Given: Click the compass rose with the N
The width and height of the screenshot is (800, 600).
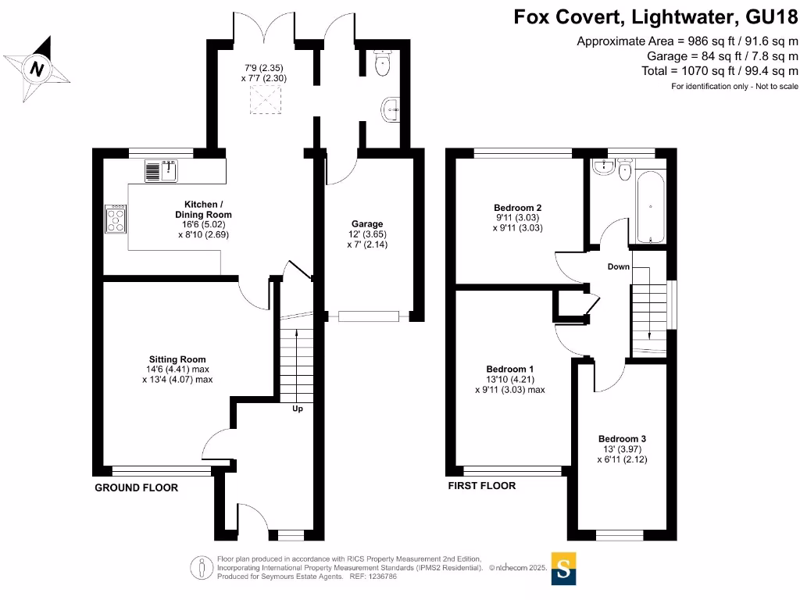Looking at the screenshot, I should coord(36,70).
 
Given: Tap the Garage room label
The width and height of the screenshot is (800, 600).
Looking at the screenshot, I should coord(367,223).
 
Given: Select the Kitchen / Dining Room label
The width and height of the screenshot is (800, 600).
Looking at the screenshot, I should coord(203,209).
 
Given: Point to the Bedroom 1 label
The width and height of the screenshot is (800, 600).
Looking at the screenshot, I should coord(510,369).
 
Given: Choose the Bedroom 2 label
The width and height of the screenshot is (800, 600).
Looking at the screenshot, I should coord(517,207).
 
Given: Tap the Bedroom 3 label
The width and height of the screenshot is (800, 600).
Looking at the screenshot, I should coord(622,439).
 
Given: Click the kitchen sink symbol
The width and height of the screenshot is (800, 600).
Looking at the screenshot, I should coord(162,169).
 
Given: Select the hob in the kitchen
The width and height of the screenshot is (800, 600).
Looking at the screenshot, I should coord(116,219).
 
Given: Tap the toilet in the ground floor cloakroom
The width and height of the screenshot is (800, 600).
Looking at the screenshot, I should coord(381,65).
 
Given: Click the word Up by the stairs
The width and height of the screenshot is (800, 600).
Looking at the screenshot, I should coord(298,409).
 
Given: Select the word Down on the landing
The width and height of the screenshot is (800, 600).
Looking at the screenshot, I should coord(618,266).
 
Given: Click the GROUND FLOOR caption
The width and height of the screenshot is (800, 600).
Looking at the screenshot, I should coord(136,487).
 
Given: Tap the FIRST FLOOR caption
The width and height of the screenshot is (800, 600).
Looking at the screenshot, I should coord(481,485).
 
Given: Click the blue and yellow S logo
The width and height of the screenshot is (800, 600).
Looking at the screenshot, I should coord(562,569).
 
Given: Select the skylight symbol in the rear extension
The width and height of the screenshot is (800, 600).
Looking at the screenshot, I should coord(261,98).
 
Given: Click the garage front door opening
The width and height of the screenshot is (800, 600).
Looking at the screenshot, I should coord(368,316).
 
